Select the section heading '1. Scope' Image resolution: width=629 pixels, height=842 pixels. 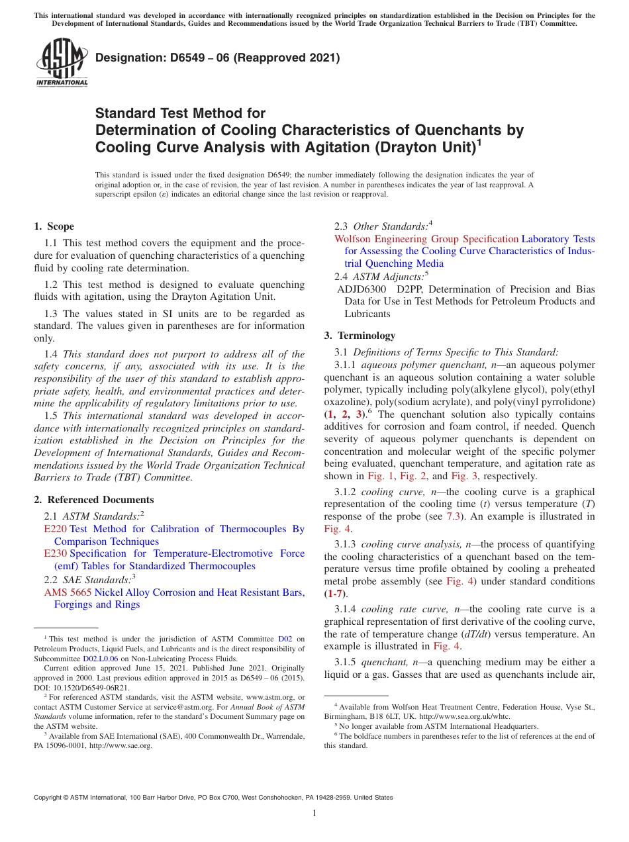point(54,226)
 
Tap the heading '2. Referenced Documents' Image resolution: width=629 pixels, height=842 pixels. point(93,500)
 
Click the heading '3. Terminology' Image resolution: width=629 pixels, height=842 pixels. point(360,336)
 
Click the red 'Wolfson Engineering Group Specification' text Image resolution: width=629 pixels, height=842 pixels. point(426,239)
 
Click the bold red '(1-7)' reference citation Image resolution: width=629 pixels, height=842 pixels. point(335,594)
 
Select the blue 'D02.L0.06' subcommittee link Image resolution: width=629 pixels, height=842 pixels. point(100,659)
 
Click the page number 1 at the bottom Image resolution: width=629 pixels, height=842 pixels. point(314,814)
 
